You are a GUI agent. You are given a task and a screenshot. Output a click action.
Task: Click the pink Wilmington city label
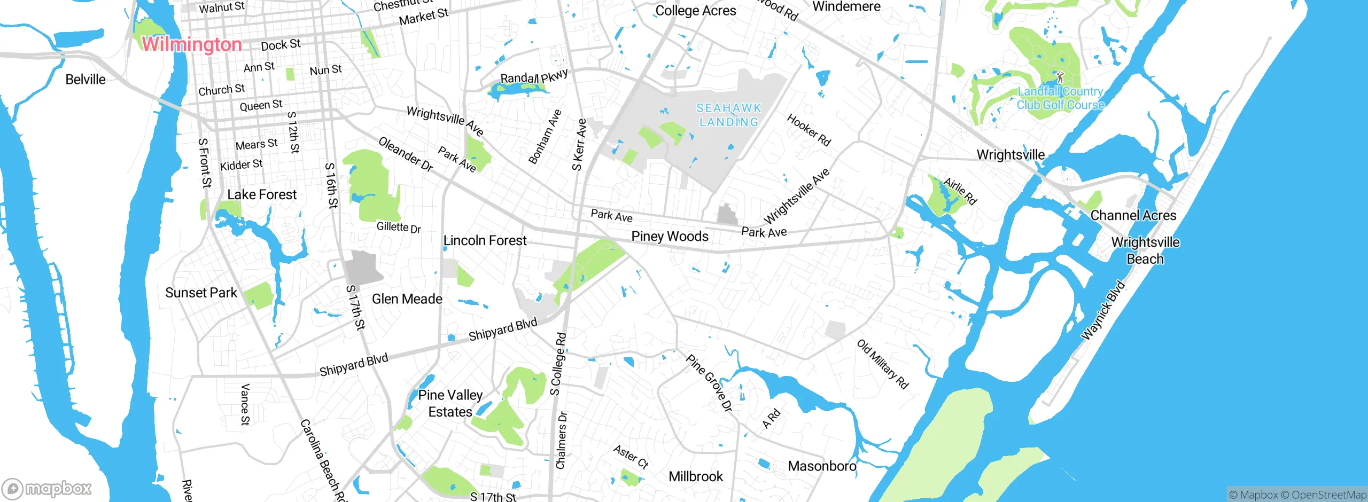191,44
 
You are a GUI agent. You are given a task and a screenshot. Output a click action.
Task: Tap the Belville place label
85,80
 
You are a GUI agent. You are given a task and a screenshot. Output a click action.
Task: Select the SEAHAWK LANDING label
729,115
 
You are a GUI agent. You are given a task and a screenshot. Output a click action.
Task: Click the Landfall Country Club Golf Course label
1060,98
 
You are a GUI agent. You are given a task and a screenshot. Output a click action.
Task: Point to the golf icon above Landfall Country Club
1060,77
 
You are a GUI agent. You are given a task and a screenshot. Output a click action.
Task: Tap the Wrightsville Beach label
1145,250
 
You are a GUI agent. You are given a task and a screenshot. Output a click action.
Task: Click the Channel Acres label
1133,215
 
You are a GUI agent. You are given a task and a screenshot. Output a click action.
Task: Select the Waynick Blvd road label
1103,310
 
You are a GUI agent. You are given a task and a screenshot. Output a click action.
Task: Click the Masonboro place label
822,466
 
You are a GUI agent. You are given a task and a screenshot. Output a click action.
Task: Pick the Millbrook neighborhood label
695,476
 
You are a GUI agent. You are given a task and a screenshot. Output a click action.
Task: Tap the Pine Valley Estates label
450,403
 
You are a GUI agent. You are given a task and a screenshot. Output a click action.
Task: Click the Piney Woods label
670,236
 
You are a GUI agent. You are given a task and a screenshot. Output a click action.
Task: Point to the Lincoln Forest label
485,240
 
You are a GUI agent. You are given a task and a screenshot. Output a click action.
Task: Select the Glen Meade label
407,299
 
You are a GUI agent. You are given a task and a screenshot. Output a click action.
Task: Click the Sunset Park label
201,293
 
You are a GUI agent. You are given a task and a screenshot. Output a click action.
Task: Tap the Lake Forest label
262,194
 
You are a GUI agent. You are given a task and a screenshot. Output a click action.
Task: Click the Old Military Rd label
882,364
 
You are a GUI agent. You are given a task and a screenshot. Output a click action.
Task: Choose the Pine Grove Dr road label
709,383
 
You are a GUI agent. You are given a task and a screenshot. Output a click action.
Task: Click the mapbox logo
47,489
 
